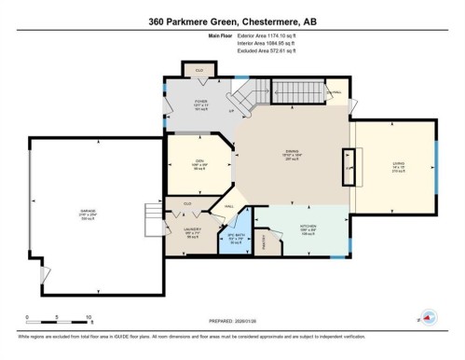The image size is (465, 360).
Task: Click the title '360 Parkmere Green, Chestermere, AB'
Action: (232, 21)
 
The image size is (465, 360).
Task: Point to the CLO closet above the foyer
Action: (199, 71)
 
